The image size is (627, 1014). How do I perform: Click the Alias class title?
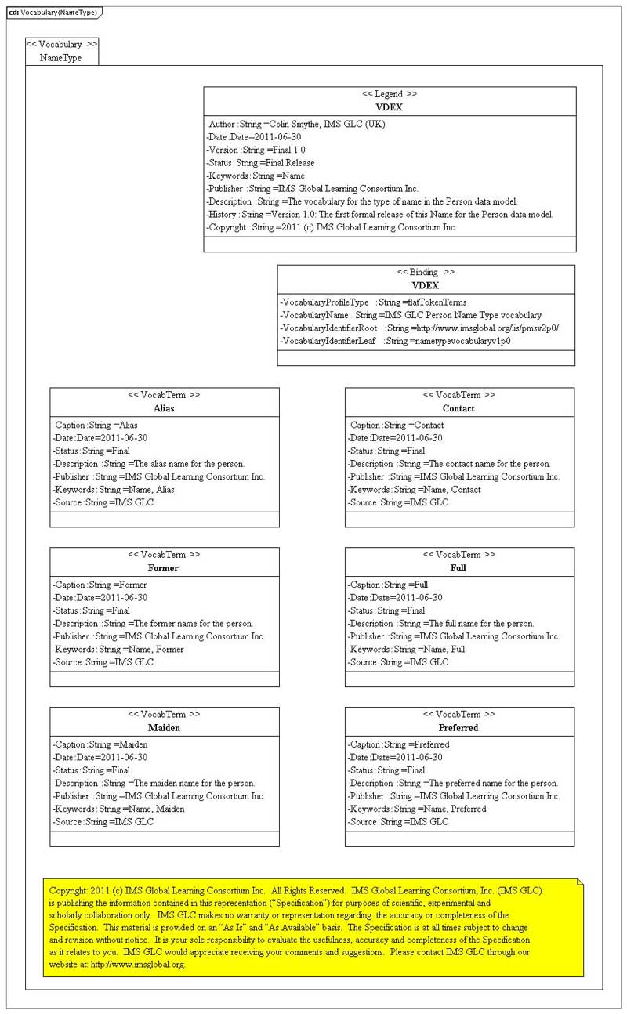(164, 408)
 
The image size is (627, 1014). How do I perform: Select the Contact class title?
(458, 408)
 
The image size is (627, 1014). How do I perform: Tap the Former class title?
(163, 568)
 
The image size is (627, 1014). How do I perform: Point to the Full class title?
(458, 568)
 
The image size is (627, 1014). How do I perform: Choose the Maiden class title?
(164, 728)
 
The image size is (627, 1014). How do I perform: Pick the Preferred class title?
(458, 728)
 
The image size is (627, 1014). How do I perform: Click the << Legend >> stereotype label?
(390, 94)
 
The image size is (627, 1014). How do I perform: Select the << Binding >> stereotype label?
(426, 272)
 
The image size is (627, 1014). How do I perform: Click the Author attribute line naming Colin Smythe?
(295, 124)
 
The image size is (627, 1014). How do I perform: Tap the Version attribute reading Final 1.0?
(256, 150)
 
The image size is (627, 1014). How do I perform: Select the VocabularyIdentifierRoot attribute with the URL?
(419, 328)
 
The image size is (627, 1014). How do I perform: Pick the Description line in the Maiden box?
(154, 783)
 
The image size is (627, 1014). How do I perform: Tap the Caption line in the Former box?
(100, 585)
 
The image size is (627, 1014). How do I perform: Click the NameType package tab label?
(60, 58)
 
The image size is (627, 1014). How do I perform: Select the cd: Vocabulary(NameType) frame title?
(53, 13)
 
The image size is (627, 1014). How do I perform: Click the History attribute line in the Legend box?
(379, 214)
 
